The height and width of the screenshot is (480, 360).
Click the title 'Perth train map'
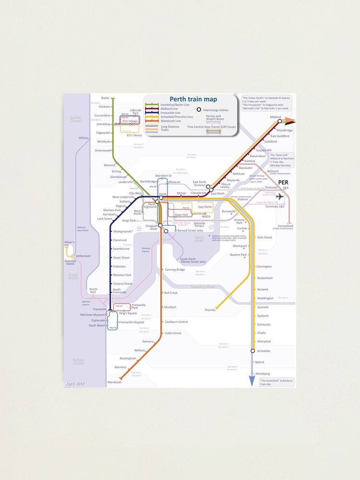tap(193, 99)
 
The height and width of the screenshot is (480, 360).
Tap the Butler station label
tap(105, 98)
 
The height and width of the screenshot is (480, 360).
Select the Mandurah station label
tap(114, 382)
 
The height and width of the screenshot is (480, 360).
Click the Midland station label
tap(275, 117)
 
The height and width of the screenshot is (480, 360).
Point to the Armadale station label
tap(264, 351)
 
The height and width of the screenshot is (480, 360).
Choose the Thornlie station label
tap(210, 310)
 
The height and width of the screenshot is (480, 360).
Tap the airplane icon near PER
tap(280, 196)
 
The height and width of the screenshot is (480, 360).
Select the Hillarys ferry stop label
tap(84, 138)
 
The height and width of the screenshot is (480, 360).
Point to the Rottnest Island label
tap(70, 262)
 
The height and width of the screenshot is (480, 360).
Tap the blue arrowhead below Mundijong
tap(251, 381)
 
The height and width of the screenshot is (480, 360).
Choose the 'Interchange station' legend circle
tap(199, 110)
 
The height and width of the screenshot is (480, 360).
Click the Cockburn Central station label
tap(176, 322)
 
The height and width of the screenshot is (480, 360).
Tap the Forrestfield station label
tap(285, 226)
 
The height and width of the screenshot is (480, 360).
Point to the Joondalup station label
tap(103, 124)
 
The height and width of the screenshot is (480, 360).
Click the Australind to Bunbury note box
tap(276, 382)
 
